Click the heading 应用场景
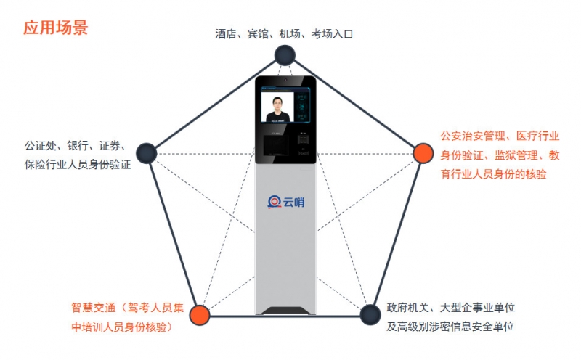pos(56,28)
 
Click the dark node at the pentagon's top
pos(284,54)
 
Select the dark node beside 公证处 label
pos(147,152)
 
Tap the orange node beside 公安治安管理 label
pos(422,153)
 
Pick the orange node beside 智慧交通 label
pos(200,314)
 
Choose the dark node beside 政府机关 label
pos(370,314)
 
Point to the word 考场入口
pos(331,34)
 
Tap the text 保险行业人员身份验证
pos(77,165)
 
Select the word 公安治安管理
pos(472,136)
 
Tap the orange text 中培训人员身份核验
pos(121,327)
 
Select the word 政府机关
pos(404,308)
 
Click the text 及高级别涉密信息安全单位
pos(450,327)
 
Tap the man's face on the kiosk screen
pos(276,104)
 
